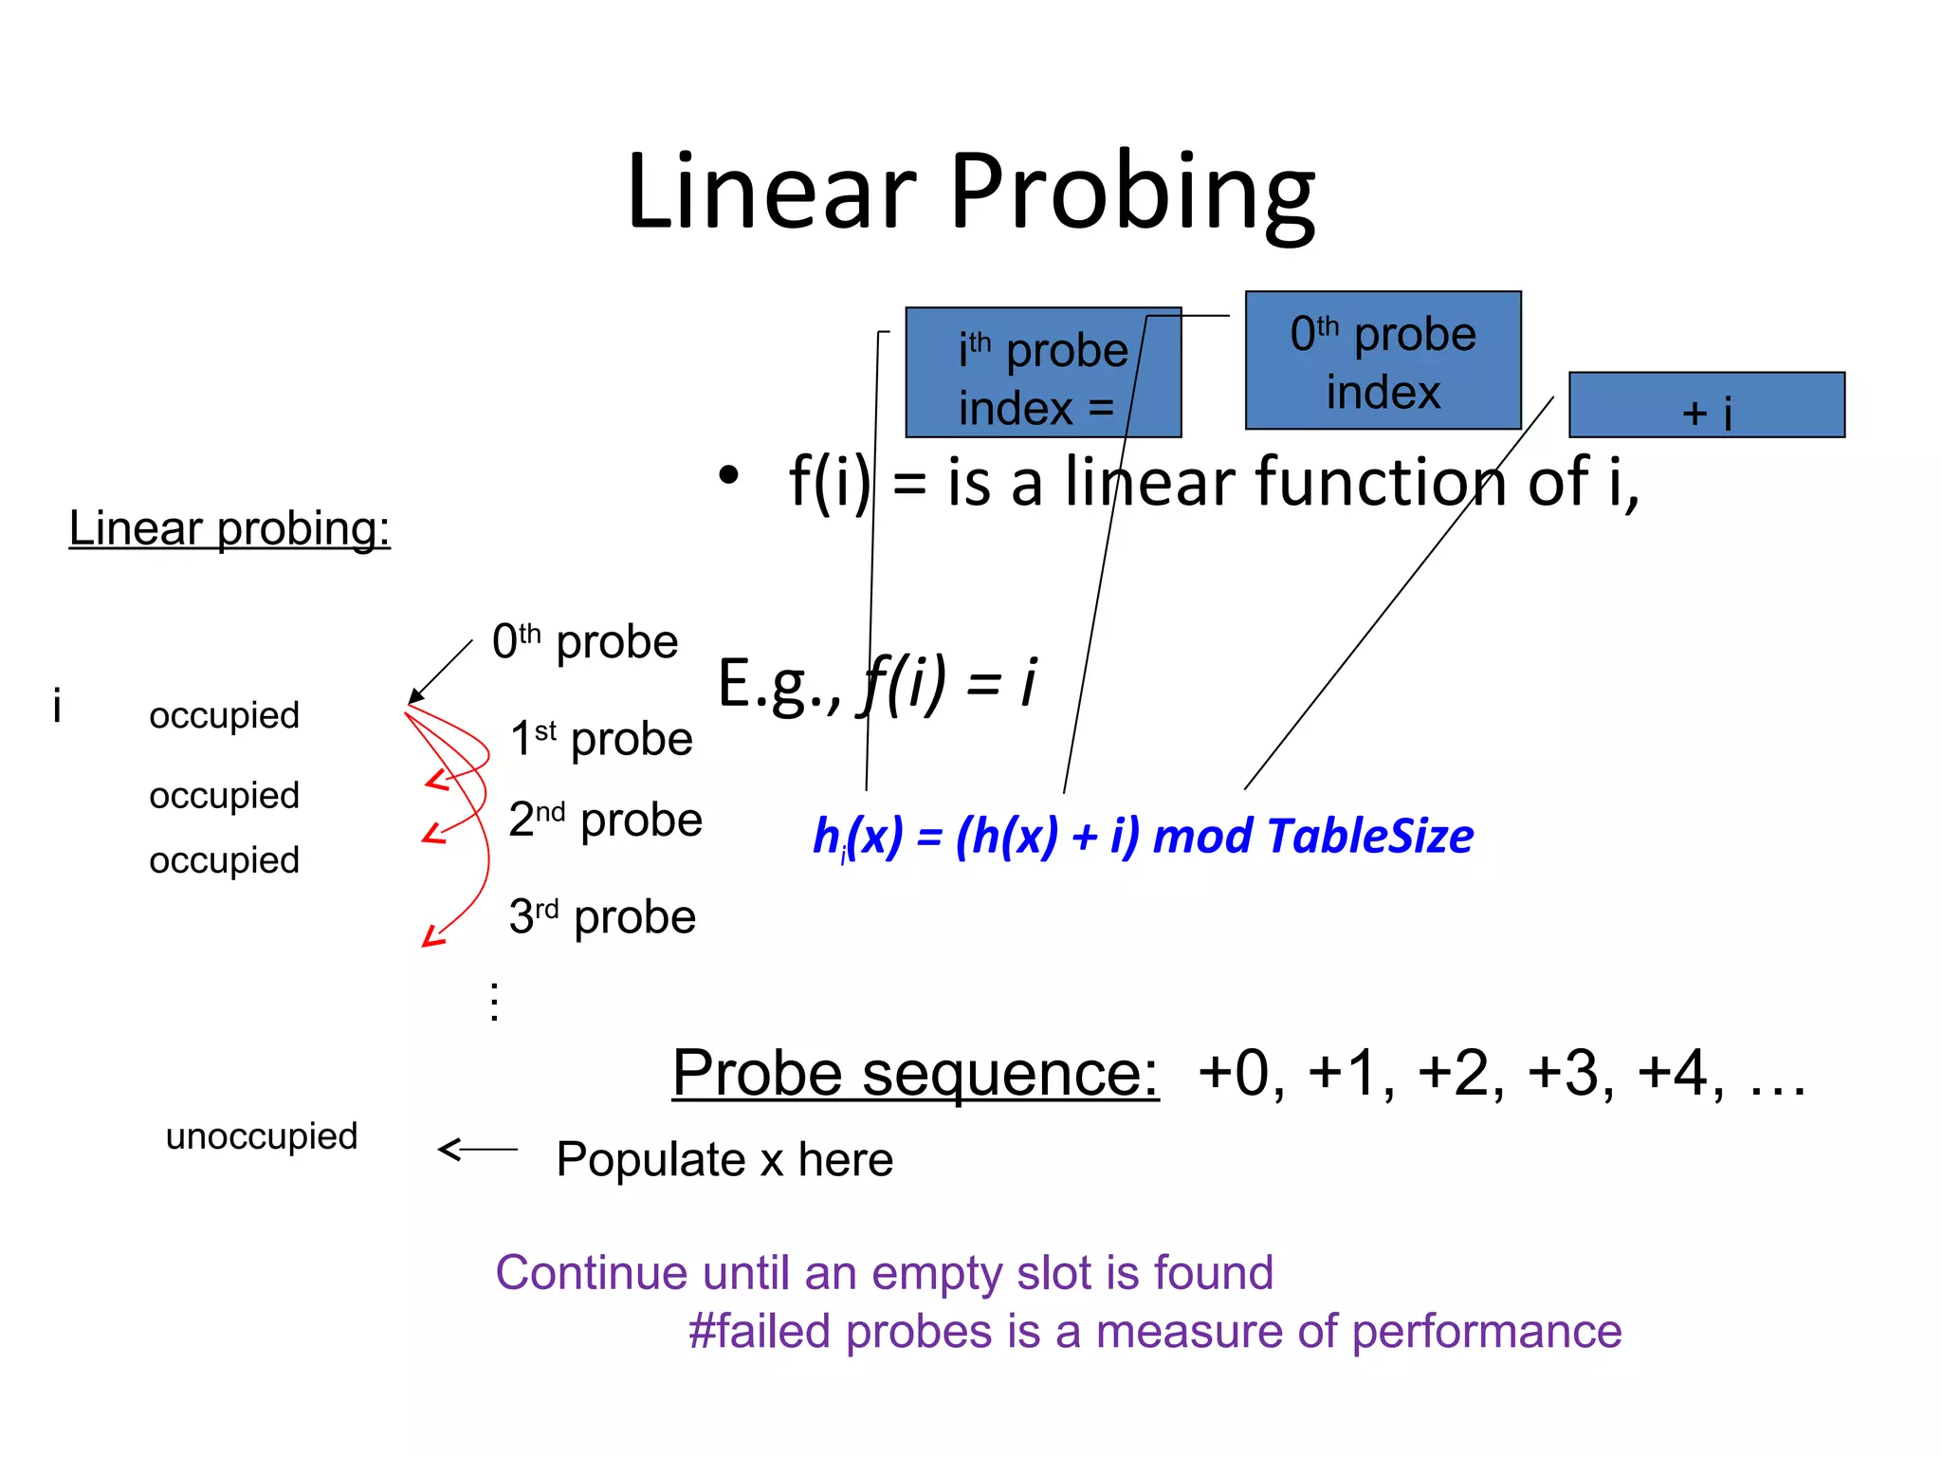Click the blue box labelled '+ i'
(x=1706, y=405)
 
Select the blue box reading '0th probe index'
(x=1383, y=360)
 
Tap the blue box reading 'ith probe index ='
(x=1042, y=373)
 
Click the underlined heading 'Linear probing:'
(x=229, y=528)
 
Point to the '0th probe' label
(x=585, y=642)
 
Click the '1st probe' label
(x=601, y=739)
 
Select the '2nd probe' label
(x=605, y=820)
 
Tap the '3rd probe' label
(x=602, y=916)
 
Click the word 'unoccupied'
(x=262, y=1136)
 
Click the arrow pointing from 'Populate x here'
(x=477, y=1150)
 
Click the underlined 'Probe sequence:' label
(x=915, y=1073)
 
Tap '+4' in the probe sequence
(x=1680, y=1073)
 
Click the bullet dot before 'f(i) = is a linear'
(x=727, y=475)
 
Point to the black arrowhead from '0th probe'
(x=414, y=697)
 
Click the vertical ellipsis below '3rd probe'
(x=494, y=1002)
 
